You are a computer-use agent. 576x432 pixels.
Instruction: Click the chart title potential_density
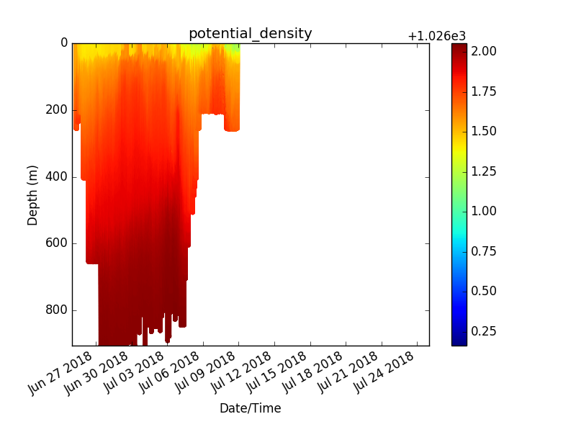250,34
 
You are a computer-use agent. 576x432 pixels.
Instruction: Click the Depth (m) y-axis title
32,195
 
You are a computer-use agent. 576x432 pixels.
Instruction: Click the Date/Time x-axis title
250,408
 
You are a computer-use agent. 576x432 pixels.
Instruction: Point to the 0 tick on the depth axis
64,43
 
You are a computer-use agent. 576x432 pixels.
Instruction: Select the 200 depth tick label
57,109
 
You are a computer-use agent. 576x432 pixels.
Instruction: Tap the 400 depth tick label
57,176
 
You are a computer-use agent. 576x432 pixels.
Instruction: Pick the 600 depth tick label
57,243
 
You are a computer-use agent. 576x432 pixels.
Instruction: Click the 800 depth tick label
57,310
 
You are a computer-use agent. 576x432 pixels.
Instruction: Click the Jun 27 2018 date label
60,372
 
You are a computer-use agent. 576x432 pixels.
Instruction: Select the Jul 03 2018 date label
132,372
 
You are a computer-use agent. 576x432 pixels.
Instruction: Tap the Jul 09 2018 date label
204,372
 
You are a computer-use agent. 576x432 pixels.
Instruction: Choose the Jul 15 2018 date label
275,372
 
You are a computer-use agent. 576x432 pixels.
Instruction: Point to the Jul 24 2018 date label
382,372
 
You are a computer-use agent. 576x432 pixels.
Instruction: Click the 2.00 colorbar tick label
484,51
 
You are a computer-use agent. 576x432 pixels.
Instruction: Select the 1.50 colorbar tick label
484,131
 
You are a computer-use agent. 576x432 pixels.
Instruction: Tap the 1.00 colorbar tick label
484,211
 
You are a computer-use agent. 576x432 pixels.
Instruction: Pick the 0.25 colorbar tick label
484,331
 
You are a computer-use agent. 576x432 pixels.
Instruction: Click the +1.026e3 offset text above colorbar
437,36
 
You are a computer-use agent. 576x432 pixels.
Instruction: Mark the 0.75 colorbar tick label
484,251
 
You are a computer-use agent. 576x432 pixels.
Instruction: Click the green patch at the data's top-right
232,49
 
